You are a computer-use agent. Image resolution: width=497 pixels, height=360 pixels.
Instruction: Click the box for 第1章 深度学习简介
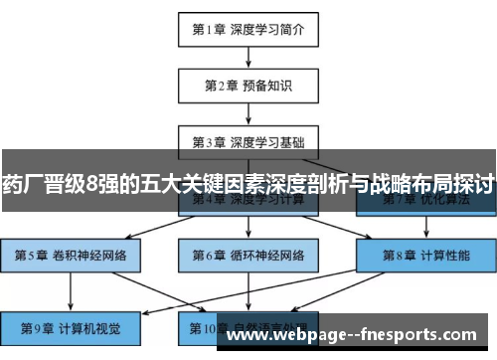point(248,31)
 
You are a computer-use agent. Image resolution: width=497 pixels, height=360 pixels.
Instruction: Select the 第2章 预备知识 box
point(248,86)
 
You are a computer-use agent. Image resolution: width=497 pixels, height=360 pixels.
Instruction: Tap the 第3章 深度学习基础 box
point(248,140)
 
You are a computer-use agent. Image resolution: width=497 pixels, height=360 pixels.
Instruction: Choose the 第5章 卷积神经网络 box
point(71,257)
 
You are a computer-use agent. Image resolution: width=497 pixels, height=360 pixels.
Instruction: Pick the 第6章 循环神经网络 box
point(248,257)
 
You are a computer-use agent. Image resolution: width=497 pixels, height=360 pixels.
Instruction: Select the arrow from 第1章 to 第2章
point(248,58)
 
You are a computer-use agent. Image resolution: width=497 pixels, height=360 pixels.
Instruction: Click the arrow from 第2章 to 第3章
point(248,112)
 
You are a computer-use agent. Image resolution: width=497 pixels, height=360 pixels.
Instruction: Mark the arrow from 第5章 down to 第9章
point(71,291)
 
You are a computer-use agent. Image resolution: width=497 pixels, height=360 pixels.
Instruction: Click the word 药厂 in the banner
point(21,184)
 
